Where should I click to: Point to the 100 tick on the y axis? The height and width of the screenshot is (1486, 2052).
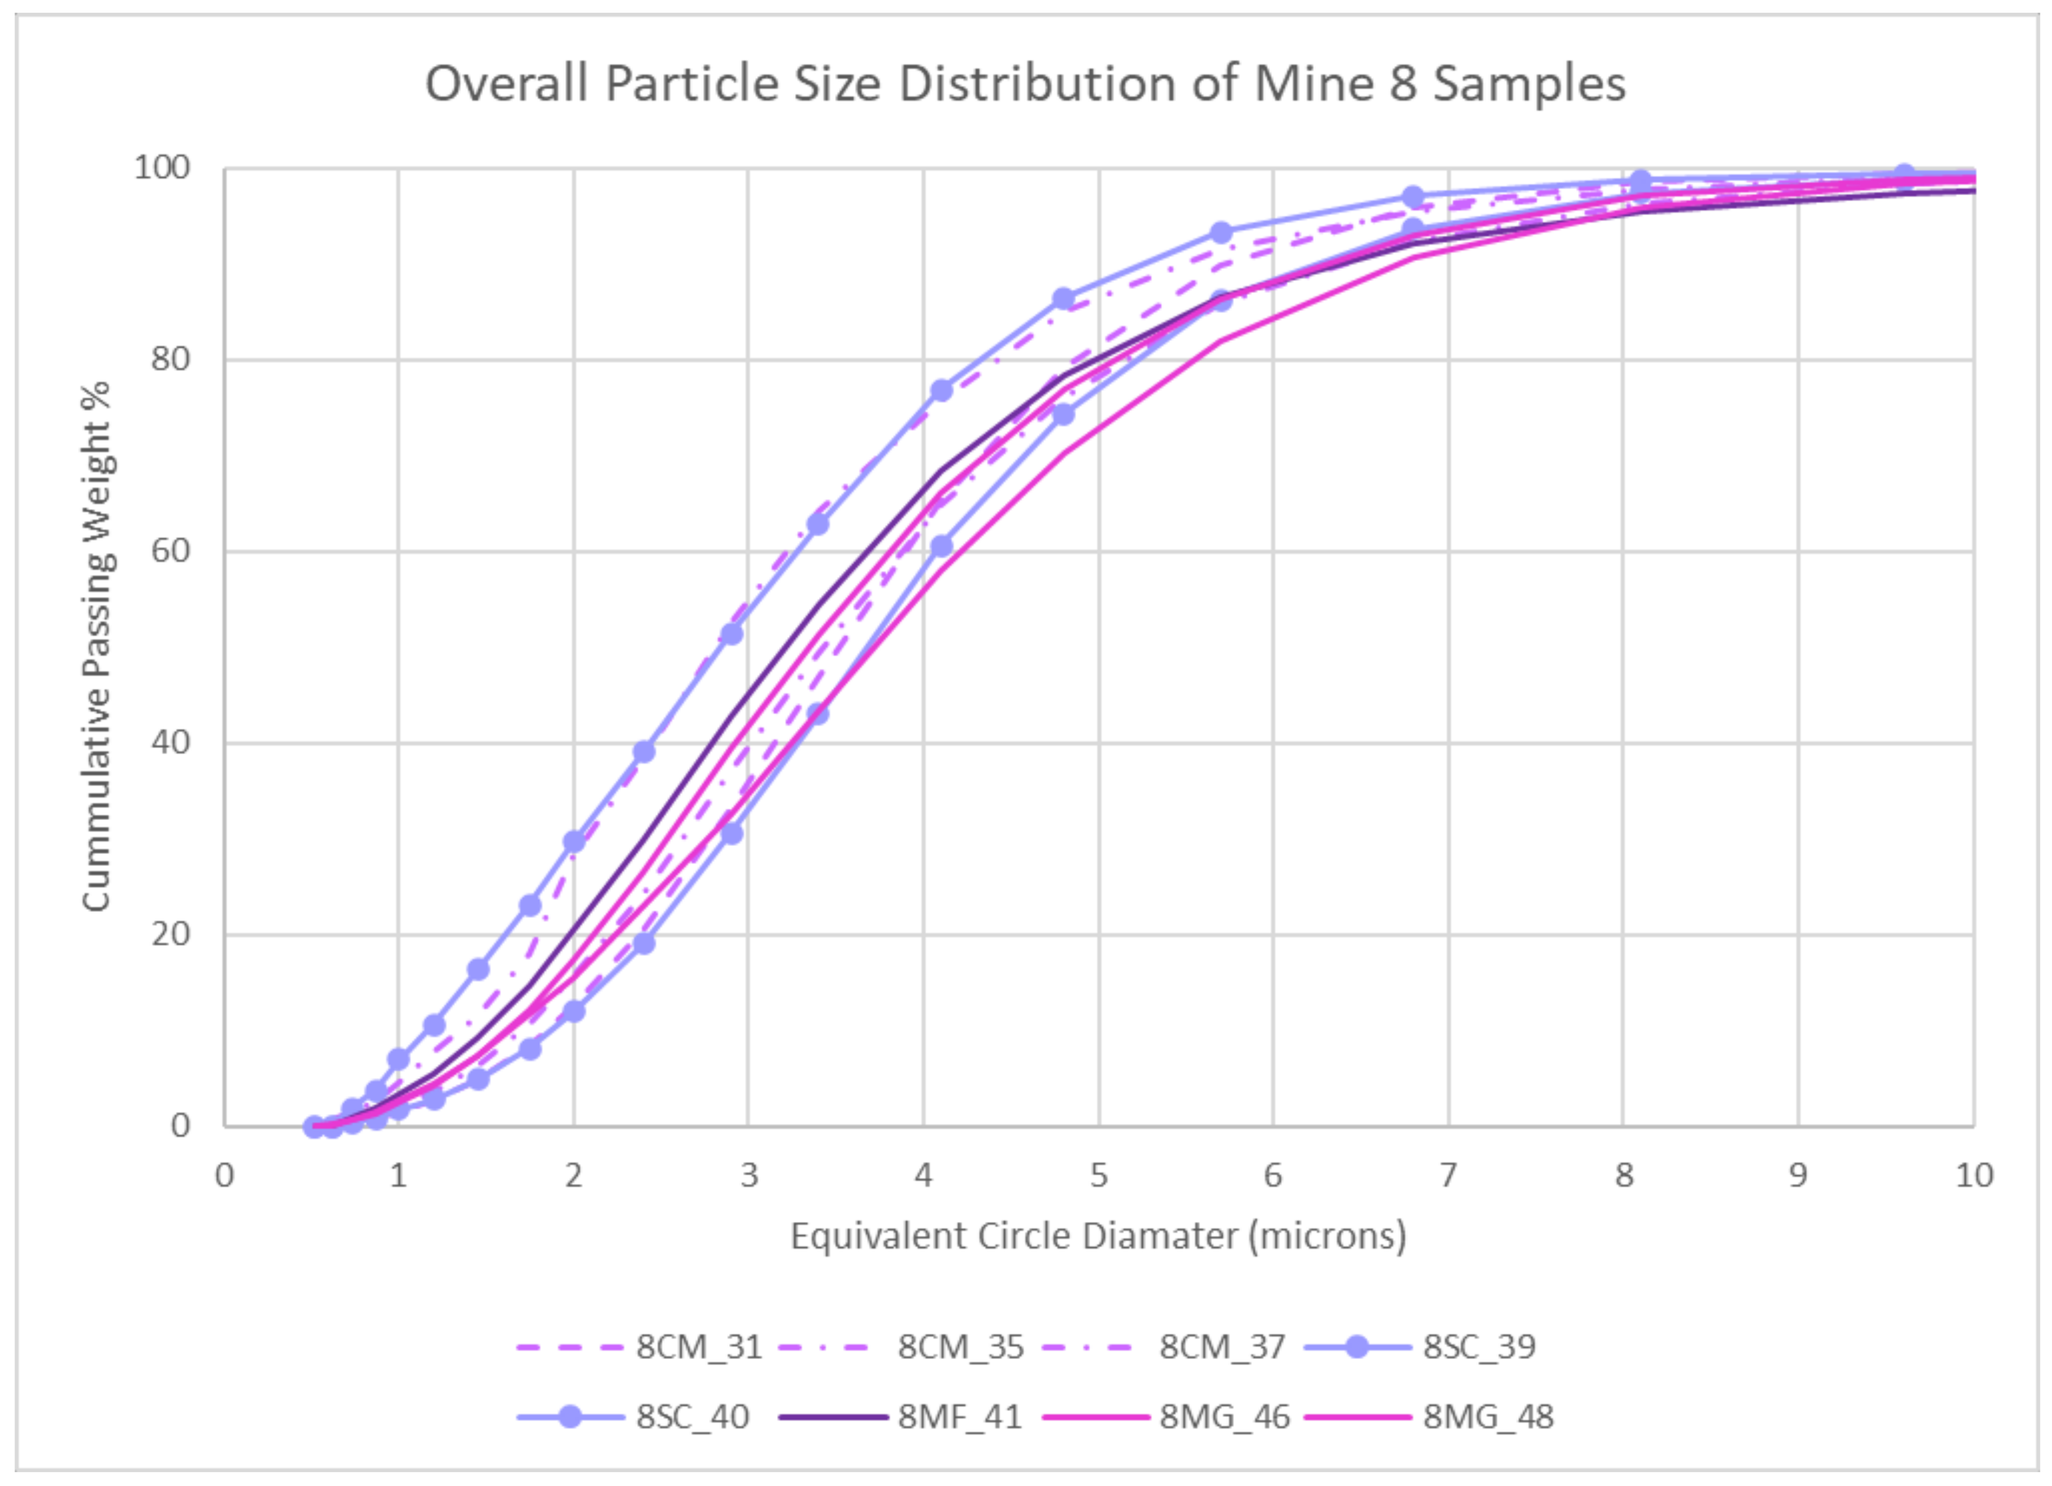(162, 167)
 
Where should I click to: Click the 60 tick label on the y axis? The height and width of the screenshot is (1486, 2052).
(170, 551)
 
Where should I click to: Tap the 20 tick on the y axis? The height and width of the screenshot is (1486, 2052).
(170, 934)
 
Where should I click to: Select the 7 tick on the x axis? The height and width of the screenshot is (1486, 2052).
(1447, 1176)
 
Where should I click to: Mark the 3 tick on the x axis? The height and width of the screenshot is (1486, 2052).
(748, 1176)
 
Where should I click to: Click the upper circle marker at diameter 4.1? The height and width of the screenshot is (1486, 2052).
(941, 391)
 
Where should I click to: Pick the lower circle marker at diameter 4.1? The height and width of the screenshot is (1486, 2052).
(941, 546)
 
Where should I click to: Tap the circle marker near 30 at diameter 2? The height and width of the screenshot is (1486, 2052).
(574, 842)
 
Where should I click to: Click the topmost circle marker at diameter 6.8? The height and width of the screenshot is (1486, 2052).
(1413, 197)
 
